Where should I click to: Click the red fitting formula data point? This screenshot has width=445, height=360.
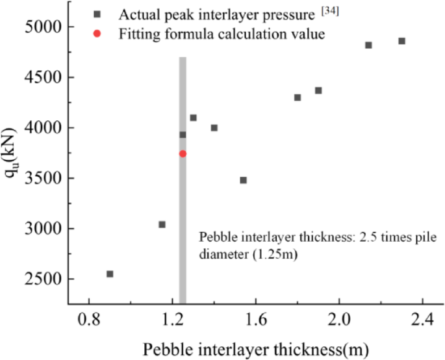183,153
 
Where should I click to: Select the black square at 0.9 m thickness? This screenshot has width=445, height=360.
110,274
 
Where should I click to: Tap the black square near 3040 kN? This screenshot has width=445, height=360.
162,224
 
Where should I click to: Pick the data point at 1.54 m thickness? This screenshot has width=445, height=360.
243,180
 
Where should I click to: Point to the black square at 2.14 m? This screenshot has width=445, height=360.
368,45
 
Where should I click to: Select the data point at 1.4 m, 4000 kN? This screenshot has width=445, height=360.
214,127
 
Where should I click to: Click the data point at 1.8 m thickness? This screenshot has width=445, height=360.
298,97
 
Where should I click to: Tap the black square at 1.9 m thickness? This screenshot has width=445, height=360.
318,90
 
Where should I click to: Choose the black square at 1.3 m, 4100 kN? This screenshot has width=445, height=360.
193,118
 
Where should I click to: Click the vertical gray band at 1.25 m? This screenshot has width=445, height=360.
183,208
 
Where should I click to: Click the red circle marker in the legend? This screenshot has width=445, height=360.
96,34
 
